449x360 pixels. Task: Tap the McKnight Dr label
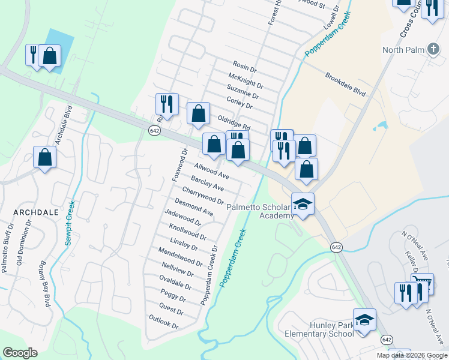[x=246, y=80]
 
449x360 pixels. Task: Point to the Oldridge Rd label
[x=234, y=123]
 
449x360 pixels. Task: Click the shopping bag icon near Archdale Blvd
[x=44, y=158]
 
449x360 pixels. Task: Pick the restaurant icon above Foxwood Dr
[x=167, y=104]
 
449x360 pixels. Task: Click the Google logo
[x=20, y=353]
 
